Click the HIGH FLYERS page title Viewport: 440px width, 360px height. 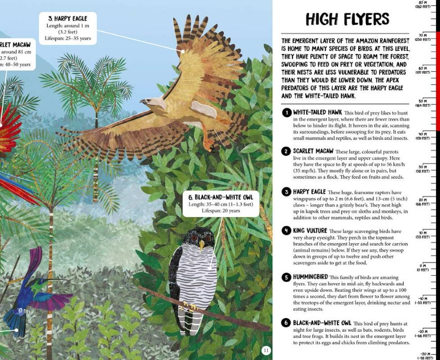[x=347, y=19]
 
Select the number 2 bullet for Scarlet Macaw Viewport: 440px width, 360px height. [x=286, y=151]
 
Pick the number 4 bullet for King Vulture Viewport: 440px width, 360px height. [x=286, y=231]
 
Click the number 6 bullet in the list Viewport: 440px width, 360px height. [x=286, y=323]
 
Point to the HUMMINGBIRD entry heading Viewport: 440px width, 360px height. [x=310, y=277]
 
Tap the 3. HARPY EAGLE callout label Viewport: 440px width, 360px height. [x=68, y=19]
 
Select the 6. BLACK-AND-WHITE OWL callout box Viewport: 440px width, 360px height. [x=221, y=203]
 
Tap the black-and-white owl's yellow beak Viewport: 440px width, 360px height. [x=201, y=245]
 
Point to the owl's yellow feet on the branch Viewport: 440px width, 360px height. [x=190, y=306]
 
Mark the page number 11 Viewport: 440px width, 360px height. [x=266, y=350]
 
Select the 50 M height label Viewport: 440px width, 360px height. [x=423, y=102]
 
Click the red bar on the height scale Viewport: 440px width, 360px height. [x=437, y=81]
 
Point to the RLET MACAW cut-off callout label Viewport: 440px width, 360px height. [x=15, y=45]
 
